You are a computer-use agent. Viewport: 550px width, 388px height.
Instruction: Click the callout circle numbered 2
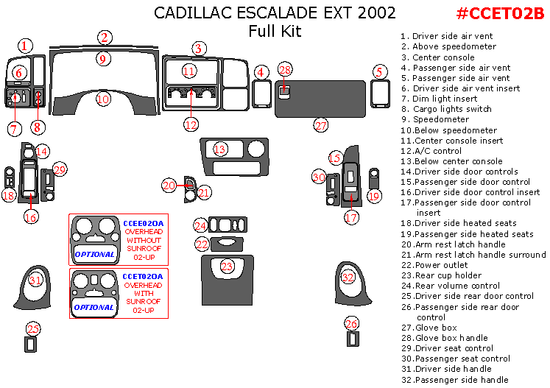pyautogui.click(x=105, y=38)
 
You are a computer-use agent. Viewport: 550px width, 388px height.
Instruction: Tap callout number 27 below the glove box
pyautogui.click(x=320, y=125)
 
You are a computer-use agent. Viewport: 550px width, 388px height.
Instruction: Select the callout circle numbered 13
pyautogui.click(x=219, y=149)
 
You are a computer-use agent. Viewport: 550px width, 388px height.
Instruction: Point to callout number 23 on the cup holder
pyautogui.click(x=228, y=266)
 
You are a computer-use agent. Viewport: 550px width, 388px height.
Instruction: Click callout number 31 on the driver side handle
pyautogui.click(x=35, y=281)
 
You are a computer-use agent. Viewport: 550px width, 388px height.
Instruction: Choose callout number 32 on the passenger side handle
pyautogui.click(x=348, y=278)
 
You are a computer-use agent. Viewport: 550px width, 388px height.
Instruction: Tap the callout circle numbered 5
pyautogui.click(x=379, y=72)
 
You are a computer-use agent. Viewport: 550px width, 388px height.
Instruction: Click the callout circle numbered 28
pyautogui.click(x=286, y=70)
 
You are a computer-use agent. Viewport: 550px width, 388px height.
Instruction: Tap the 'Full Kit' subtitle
pyautogui.click(x=275, y=32)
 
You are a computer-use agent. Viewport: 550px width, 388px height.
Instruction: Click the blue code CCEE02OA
pyautogui.click(x=144, y=222)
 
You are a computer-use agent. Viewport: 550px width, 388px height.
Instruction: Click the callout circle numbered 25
pyautogui.click(x=32, y=328)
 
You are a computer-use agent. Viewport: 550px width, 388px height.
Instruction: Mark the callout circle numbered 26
pyautogui.click(x=352, y=323)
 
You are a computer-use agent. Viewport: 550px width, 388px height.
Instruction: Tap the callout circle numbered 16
pyautogui.click(x=30, y=217)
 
